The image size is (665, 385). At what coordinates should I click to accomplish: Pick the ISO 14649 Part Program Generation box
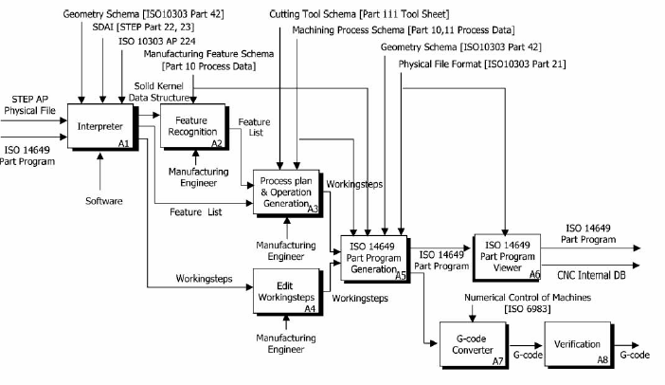click(x=374, y=255)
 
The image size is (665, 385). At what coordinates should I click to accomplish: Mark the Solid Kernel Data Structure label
click(x=171, y=92)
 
